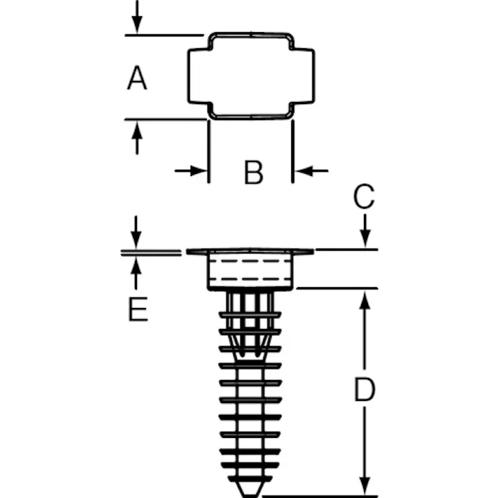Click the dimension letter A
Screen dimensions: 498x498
point(137,78)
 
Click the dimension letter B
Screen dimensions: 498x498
point(254,173)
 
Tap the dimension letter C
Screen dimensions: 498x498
point(364,196)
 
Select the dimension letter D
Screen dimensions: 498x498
point(365,389)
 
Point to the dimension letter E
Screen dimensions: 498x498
point(138,309)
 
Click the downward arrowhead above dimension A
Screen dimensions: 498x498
point(137,25)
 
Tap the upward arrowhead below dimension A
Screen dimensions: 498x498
point(137,130)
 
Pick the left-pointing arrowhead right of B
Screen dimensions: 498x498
point(304,171)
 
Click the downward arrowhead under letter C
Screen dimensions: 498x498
point(365,239)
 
